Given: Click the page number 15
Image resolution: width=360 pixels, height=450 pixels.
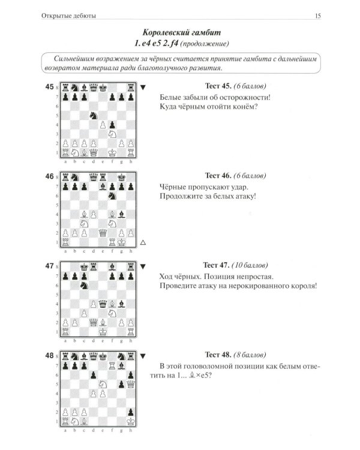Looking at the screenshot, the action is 318,16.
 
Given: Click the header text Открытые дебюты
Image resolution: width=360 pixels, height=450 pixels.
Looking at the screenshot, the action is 68,16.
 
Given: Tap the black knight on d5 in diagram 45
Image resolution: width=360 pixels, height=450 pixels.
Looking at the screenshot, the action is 94,115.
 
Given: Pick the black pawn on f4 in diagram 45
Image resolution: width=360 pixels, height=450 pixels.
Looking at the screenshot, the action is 112,125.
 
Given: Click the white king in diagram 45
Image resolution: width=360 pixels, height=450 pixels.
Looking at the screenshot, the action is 112,152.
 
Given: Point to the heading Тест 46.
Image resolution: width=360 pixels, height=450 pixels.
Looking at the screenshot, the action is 218,175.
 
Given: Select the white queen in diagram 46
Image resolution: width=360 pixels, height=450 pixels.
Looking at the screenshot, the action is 103,233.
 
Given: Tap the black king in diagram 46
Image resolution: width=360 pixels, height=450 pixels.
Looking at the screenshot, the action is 122,178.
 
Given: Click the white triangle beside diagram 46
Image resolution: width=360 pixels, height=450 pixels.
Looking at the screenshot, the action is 143,242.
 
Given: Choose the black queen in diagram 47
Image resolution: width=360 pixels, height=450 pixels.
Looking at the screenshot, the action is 103,304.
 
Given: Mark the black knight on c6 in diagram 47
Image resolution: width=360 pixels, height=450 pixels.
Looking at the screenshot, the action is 84,285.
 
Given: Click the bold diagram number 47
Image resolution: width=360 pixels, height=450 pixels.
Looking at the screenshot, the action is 49,266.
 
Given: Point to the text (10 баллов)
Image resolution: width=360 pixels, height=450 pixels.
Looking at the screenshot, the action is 250,265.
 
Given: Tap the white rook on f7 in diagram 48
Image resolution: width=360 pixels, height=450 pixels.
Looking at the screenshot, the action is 112,365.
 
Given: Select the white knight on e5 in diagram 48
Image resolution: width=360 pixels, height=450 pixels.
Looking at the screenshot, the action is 103,384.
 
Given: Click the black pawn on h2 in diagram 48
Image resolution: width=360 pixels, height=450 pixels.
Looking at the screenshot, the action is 131,412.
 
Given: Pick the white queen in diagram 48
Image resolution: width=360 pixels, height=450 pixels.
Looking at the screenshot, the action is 131,384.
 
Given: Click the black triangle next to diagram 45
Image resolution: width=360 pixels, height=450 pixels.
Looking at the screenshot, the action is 143,87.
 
